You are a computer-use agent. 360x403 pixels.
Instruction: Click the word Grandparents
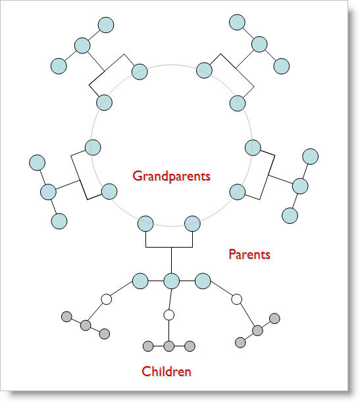click(x=171, y=176)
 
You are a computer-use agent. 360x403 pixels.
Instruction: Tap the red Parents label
click(x=249, y=254)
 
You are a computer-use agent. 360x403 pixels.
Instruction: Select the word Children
click(x=167, y=371)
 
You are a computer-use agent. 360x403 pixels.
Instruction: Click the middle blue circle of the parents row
click(x=171, y=281)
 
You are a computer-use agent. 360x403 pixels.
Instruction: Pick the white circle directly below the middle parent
click(x=169, y=315)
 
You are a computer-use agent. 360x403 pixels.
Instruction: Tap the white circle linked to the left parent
click(x=107, y=300)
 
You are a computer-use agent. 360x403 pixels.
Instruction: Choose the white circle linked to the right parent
click(x=236, y=300)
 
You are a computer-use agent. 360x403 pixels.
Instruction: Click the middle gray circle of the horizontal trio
click(x=169, y=346)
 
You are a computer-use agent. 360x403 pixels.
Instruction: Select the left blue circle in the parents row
click(x=140, y=281)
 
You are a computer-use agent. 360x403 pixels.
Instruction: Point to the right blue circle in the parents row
click(x=203, y=281)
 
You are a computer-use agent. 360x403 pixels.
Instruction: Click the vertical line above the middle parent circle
click(x=171, y=260)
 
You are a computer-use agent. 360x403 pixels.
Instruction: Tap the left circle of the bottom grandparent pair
click(x=145, y=224)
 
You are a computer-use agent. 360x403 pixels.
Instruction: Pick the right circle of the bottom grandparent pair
click(x=192, y=224)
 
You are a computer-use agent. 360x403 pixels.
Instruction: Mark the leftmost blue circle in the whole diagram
click(x=38, y=163)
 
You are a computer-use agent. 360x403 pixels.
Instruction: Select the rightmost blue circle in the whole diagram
click(x=311, y=156)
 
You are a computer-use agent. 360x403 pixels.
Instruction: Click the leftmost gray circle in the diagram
click(x=67, y=317)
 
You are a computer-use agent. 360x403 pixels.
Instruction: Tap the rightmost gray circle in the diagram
click(x=274, y=319)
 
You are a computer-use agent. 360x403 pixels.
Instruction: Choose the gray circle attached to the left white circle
click(x=86, y=325)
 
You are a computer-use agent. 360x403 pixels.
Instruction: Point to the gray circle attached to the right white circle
click(x=257, y=331)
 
